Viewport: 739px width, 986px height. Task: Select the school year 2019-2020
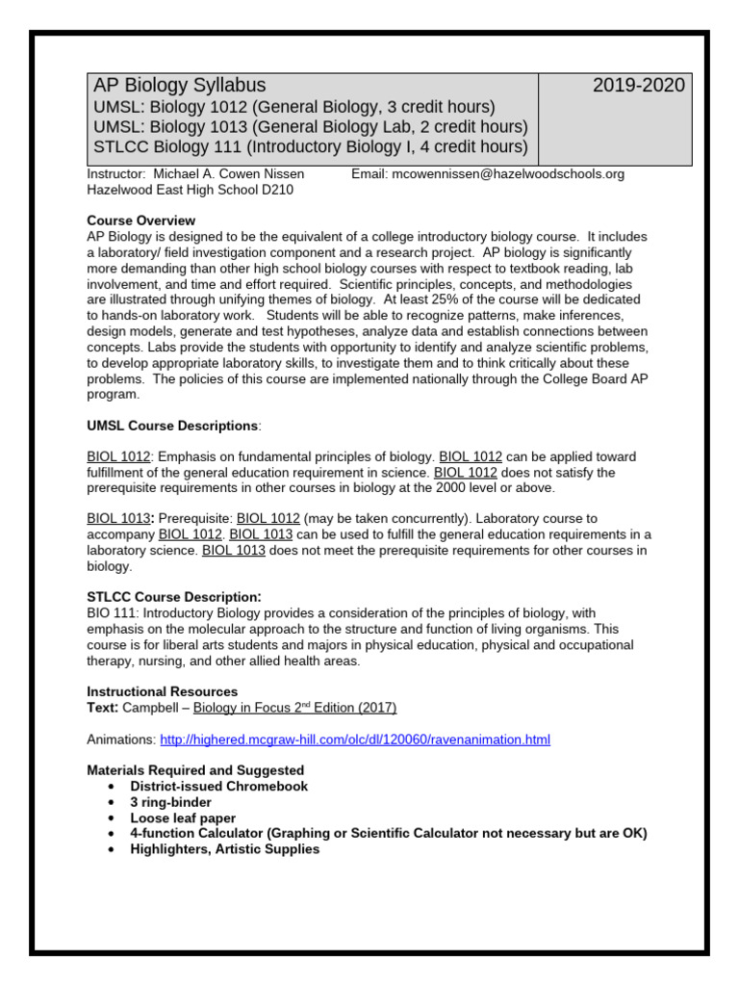(638, 85)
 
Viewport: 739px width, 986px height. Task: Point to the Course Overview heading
(140, 221)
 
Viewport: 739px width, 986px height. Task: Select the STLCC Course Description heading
(174, 597)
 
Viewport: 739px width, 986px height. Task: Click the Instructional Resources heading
(162, 691)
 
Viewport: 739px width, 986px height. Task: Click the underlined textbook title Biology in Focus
(294, 708)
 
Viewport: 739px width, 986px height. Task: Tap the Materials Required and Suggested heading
(195, 770)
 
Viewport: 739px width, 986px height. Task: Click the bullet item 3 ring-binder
(171, 802)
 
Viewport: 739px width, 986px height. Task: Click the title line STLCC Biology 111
(310, 147)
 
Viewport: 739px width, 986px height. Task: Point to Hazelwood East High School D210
(190, 190)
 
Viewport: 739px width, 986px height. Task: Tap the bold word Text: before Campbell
(103, 708)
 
